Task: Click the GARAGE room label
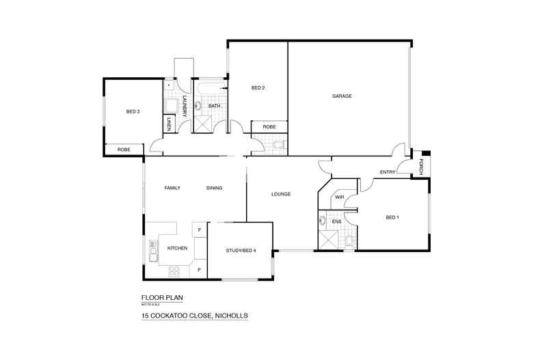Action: tap(342, 96)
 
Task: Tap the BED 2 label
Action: tap(258, 87)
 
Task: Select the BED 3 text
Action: tap(133, 111)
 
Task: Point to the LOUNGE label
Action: tap(281, 194)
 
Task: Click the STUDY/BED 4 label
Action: tap(241, 251)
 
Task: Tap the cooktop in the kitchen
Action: tap(174, 271)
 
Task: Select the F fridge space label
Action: tap(199, 230)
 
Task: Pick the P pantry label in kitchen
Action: tap(199, 269)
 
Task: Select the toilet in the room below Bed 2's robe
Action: tap(278, 145)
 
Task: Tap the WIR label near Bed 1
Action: tap(339, 197)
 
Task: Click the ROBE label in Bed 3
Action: tap(124, 149)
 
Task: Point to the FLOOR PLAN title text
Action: tap(162, 298)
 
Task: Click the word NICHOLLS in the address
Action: tap(231, 316)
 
